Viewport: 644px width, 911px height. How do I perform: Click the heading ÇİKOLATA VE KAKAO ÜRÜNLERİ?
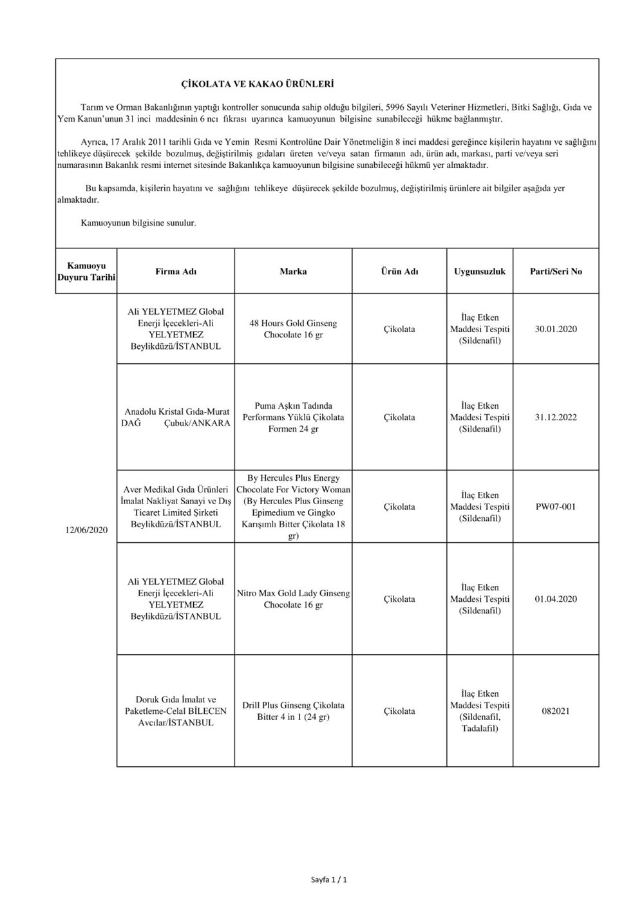click(x=257, y=84)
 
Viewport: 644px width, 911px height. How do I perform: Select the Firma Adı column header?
click(x=176, y=272)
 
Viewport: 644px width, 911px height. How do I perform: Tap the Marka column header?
click(x=293, y=272)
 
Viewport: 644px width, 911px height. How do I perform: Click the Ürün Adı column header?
click(x=399, y=272)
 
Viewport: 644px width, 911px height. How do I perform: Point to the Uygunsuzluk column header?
click(x=480, y=272)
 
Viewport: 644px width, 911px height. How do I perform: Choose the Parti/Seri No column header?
click(x=556, y=272)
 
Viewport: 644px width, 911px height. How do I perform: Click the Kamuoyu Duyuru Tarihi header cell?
click(x=86, y=272)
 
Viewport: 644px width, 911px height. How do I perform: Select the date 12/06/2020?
click(x=86, y=530)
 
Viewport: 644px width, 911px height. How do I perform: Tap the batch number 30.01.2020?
click(x=556, y=329)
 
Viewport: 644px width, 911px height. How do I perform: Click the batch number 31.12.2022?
click(x=556, y=417)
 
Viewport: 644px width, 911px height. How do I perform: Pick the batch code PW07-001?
click(x=556, y=507)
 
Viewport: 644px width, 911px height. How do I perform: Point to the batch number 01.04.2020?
click(x=556, y=599)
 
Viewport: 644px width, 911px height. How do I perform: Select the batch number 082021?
click(x=556, y=711)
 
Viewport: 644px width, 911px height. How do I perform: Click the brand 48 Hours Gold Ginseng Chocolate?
click(x=293, y=329)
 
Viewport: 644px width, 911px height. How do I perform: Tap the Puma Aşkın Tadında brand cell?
click(x=293, y=417)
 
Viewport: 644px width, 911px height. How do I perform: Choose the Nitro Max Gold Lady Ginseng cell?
click(x=293, y=599)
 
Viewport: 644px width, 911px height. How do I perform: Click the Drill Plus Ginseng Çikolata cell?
click(x=293, y=711)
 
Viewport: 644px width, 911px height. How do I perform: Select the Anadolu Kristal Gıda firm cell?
click(x=176, y=417)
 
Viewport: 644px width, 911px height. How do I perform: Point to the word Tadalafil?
click(x=480, y=729)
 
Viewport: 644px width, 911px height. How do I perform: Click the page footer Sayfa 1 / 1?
click(x=329, y=879)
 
